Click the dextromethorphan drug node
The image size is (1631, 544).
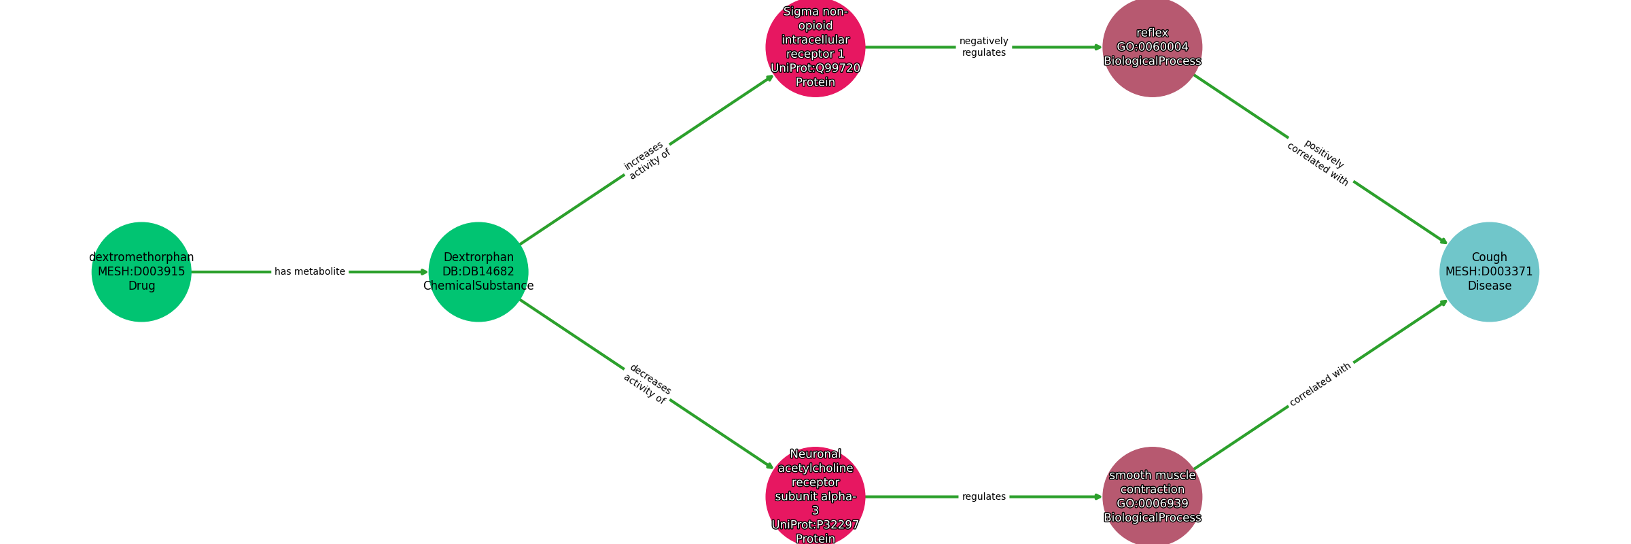pyautogui.click(x=141, y=272)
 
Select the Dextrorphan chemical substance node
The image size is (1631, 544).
pyautogui.click(x=478, y=272)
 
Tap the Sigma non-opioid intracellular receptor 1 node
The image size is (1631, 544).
pyautogui.click(x=815, y=47)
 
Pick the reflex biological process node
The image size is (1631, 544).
pyautogui.click(x=1153, y=47)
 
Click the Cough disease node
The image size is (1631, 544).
pyautogui.click(x=1490, y=272)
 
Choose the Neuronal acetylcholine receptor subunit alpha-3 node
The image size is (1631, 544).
pyautogui.click(x=815, y=497)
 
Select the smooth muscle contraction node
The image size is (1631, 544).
pyautogui.click(x=1153, y=497)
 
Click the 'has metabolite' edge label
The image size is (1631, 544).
pyautogui.click(x=310, y=272)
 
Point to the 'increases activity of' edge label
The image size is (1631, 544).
pyautogui.click(x=647, y=160)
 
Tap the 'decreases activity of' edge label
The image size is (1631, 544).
pyautogui.click(x=647, y=384)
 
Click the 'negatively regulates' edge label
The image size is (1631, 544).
pyautogui.click(x=984, y=47)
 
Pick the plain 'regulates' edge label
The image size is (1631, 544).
pyautogui.click(x=984, y=497)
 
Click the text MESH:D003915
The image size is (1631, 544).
pyautogui.click(x=141, y=272)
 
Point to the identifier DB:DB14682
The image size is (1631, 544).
pyautogui.click(x=478, y=272)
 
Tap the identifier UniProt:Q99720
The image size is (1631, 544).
pyautogui.click(x=815, y=68)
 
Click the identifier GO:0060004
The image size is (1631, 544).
pyautogui.click(x=1153, y=47)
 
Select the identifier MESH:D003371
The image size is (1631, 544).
pyautogui.click(x=1490, y=272)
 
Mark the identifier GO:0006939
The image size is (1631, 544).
pyautogui.click(x=1153, y=504)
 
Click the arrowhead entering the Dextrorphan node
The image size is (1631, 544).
pyautogui.click(x=424, y=272)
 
